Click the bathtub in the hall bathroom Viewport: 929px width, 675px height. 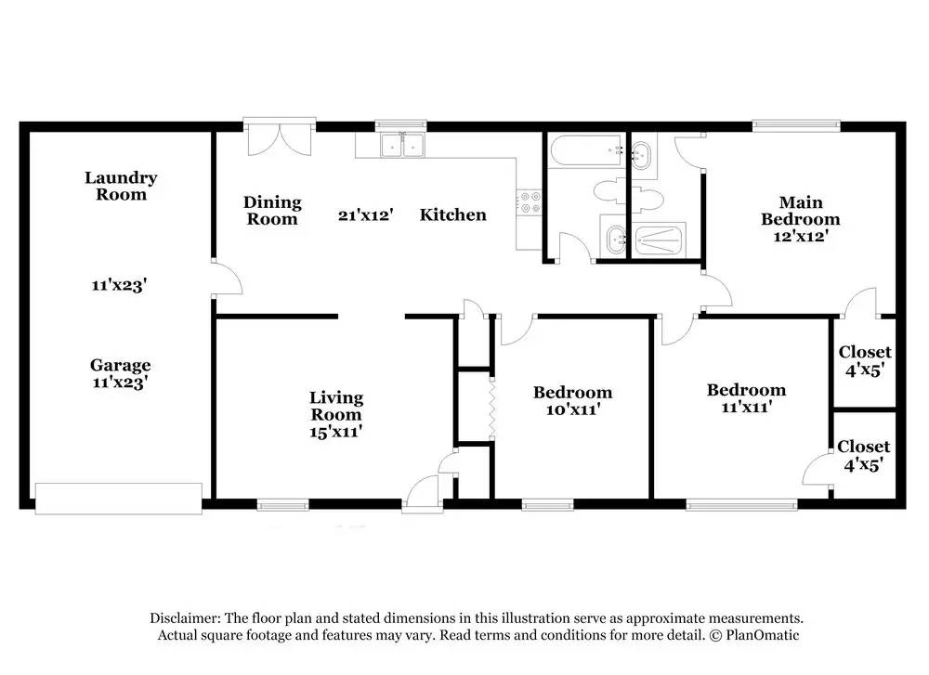(x=586, y=151)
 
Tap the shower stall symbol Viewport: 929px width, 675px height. (x=659, y=240)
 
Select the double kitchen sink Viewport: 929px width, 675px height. (x=403, y=146)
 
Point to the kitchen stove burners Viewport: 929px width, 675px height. (x=530, y=201)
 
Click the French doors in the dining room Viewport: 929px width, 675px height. (x=279, y=136)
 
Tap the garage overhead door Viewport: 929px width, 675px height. (x=119, y=498)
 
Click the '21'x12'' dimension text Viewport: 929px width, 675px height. (x=365, y=214)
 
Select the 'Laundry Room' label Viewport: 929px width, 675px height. (x=121, y=186)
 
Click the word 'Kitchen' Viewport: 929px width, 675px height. (x=453, y=214)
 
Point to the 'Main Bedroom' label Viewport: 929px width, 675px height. (x=801, y=211)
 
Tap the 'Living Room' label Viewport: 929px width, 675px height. (x=336, y=406)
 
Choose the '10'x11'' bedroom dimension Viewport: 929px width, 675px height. (x=573, y=409)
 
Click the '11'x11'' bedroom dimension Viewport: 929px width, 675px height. (x=747, y=407)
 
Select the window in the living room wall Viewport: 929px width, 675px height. (x=283, y=504)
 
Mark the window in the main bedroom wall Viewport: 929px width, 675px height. (x=797, y=125)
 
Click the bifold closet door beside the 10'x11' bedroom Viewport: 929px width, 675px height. (x=491, y=408)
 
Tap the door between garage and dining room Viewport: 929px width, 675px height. (x=228, y=277)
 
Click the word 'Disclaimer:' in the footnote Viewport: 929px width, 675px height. (x=185, y=618)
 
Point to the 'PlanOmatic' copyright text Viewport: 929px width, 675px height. (x=763, y=635)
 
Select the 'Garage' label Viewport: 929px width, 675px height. (x=120, y=365)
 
